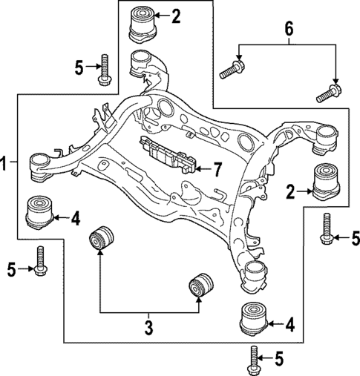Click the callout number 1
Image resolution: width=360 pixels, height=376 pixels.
pyautogui.click(x=5, y=163)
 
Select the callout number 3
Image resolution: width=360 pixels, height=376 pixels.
pyautogui.click(x=148, y=326)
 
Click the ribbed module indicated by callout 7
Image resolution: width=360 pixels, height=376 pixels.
pyautogui.click(x=168, y=155)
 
